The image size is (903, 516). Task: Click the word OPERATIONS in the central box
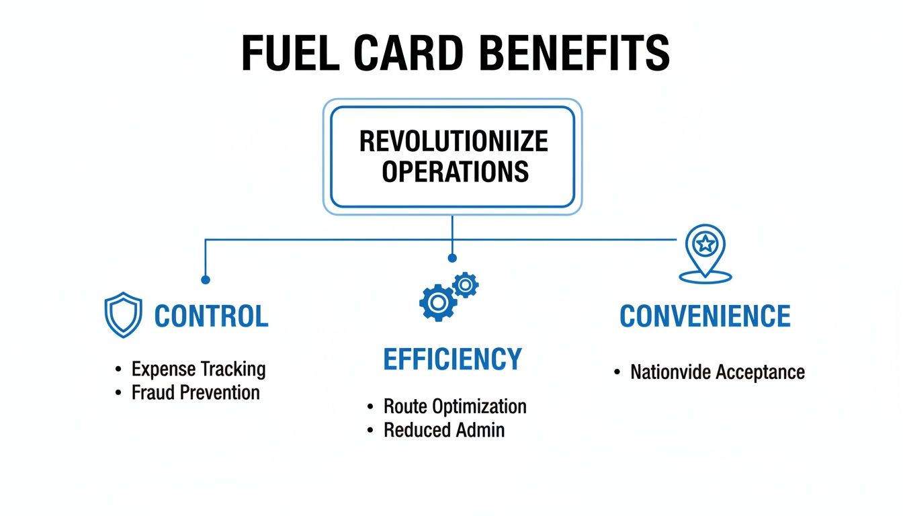(455, 171)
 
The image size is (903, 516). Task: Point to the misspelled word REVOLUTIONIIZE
(454, 142)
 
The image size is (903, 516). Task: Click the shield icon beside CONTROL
(124, 315)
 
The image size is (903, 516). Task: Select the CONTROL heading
(211, 316)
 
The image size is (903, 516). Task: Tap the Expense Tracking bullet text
(198, 369)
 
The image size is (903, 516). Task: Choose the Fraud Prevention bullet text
(196, 392)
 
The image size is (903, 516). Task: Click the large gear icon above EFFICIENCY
(437, 303)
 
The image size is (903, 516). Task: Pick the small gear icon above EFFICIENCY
(465, 285)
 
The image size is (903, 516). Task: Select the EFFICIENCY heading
(452, 359)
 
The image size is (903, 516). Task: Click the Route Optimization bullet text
(455, 406)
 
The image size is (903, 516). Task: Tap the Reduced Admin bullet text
(444, 430)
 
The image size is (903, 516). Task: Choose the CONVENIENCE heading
(705, 316)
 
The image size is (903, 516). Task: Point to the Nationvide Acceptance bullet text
(718, 372)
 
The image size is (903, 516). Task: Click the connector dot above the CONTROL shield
(206, 279)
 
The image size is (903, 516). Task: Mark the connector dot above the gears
(452, 258)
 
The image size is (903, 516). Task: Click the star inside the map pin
(705, 245)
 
